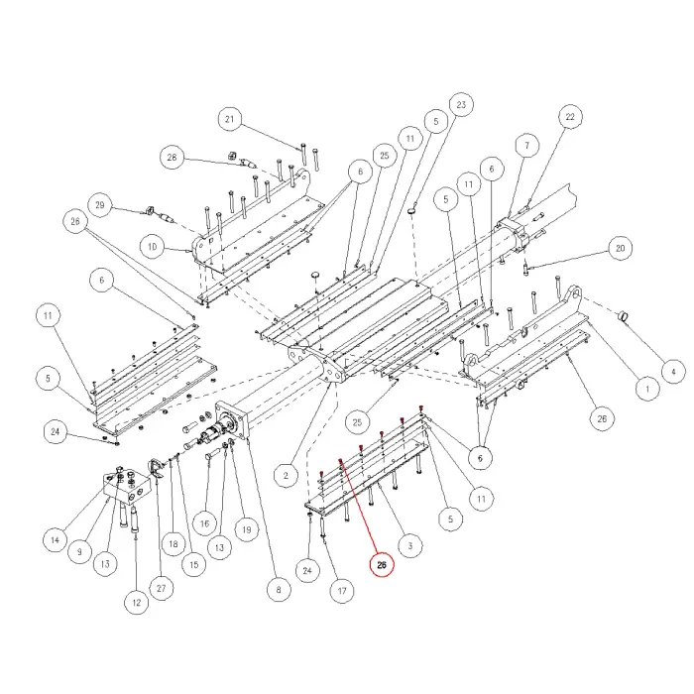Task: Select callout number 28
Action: coord(172,158)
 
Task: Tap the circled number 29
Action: coord(99,205)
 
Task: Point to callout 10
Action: coord(151,245)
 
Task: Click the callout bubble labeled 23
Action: coord(460,104)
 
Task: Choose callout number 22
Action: coord(569,118)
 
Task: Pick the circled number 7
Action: coord(526,146)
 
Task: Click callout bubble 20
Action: coord(622,247)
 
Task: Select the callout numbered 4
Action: coord(672,373)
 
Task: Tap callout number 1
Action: coord(646,390)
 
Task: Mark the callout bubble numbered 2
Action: coord(285,476)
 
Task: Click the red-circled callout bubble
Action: coord(382,565)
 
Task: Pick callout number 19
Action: coord(246,528)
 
